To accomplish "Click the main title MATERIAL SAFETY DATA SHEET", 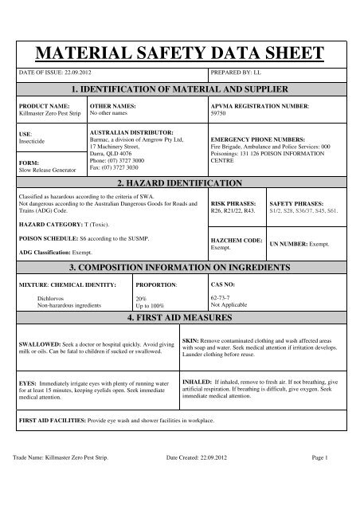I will (x=179, y=52).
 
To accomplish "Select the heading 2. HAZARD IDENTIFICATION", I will (x=179, y=182).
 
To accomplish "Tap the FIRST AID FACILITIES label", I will (x=52, y=419).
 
